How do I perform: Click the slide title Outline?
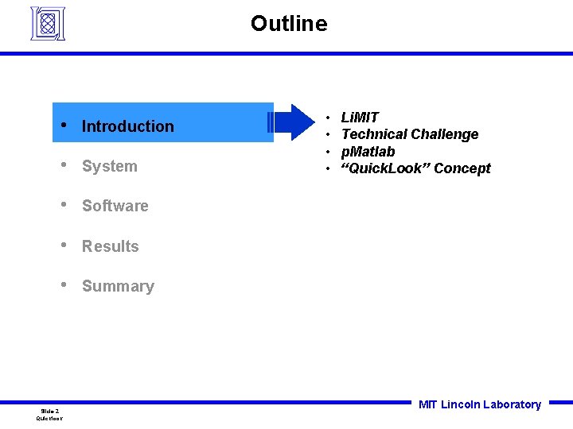point(288,24)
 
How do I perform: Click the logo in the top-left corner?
point(47,23)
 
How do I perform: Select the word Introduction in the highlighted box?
point(127,126)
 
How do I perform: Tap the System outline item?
point(109,166)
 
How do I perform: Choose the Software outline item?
point(115,206)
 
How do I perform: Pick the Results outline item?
point(110,246)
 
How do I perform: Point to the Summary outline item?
point(118,286)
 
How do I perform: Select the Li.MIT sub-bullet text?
point(360,118)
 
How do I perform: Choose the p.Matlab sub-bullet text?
point(368,152)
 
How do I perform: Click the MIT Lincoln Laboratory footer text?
point(479,404)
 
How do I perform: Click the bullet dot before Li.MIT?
point(328,118)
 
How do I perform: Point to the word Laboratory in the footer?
point(512,404)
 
